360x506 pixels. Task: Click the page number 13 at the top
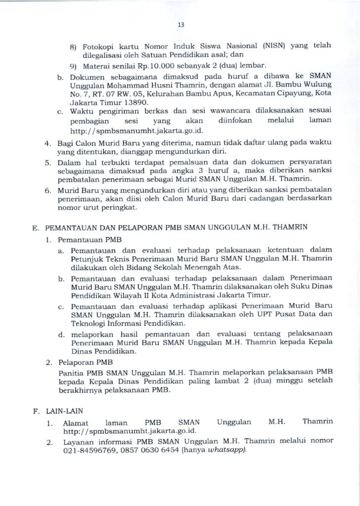pyautogui.click(x=180, y=25)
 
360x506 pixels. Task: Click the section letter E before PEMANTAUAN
pyautogui.click(x=35, y=228)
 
